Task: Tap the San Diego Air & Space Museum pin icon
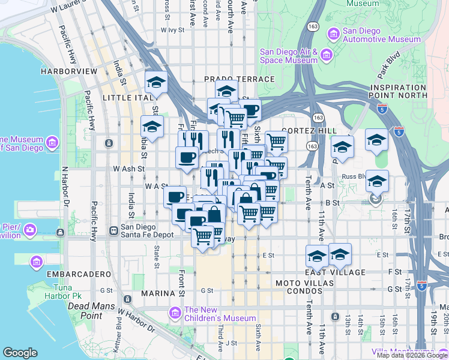[x=327, y=56]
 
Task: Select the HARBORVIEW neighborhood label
[x=68, y=71]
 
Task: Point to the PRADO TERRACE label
[x=239, y=79]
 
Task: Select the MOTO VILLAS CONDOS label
[x=307, y=283]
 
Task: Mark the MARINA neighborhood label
[x=157, y=293]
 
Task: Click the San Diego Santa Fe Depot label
[x=147, y=230]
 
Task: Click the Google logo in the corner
[x=20, y=353]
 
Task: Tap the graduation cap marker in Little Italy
[x=156, y=83]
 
